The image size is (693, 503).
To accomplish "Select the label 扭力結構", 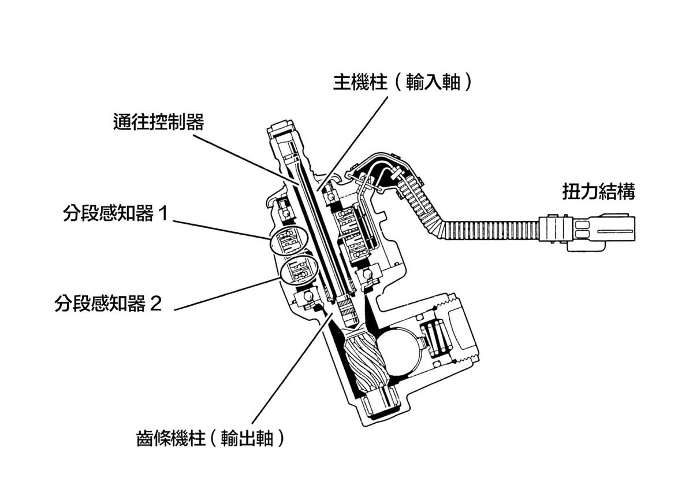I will click(598, 192).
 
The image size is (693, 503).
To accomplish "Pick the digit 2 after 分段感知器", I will click(155, 304).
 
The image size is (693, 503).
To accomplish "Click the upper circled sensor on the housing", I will click(288, 240).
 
